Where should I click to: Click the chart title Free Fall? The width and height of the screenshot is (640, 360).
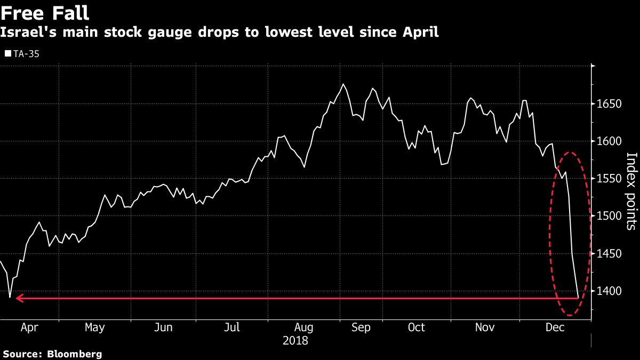[45, 13]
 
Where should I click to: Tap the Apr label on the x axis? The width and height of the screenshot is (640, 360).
[29, 327]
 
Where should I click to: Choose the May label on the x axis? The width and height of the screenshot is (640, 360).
[94, 327]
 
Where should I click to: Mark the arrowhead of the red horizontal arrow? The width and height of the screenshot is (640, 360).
[18, 299]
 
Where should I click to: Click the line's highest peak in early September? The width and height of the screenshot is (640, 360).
[343, 84]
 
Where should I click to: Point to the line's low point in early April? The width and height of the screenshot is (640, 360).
[10, 297]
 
